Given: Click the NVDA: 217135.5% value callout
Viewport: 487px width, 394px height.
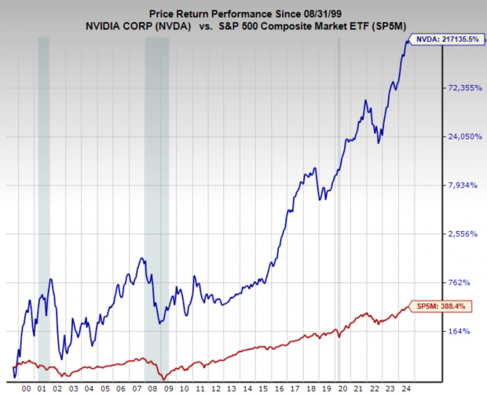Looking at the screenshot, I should point(445,39).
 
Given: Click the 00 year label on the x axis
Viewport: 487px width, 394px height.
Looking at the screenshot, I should point(27,388).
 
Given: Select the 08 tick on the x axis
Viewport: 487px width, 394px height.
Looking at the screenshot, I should point(150,388).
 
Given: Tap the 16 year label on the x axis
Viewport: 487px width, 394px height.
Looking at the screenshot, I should point(274,388).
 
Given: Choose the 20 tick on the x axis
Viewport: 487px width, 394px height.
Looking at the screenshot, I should point(335,388).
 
